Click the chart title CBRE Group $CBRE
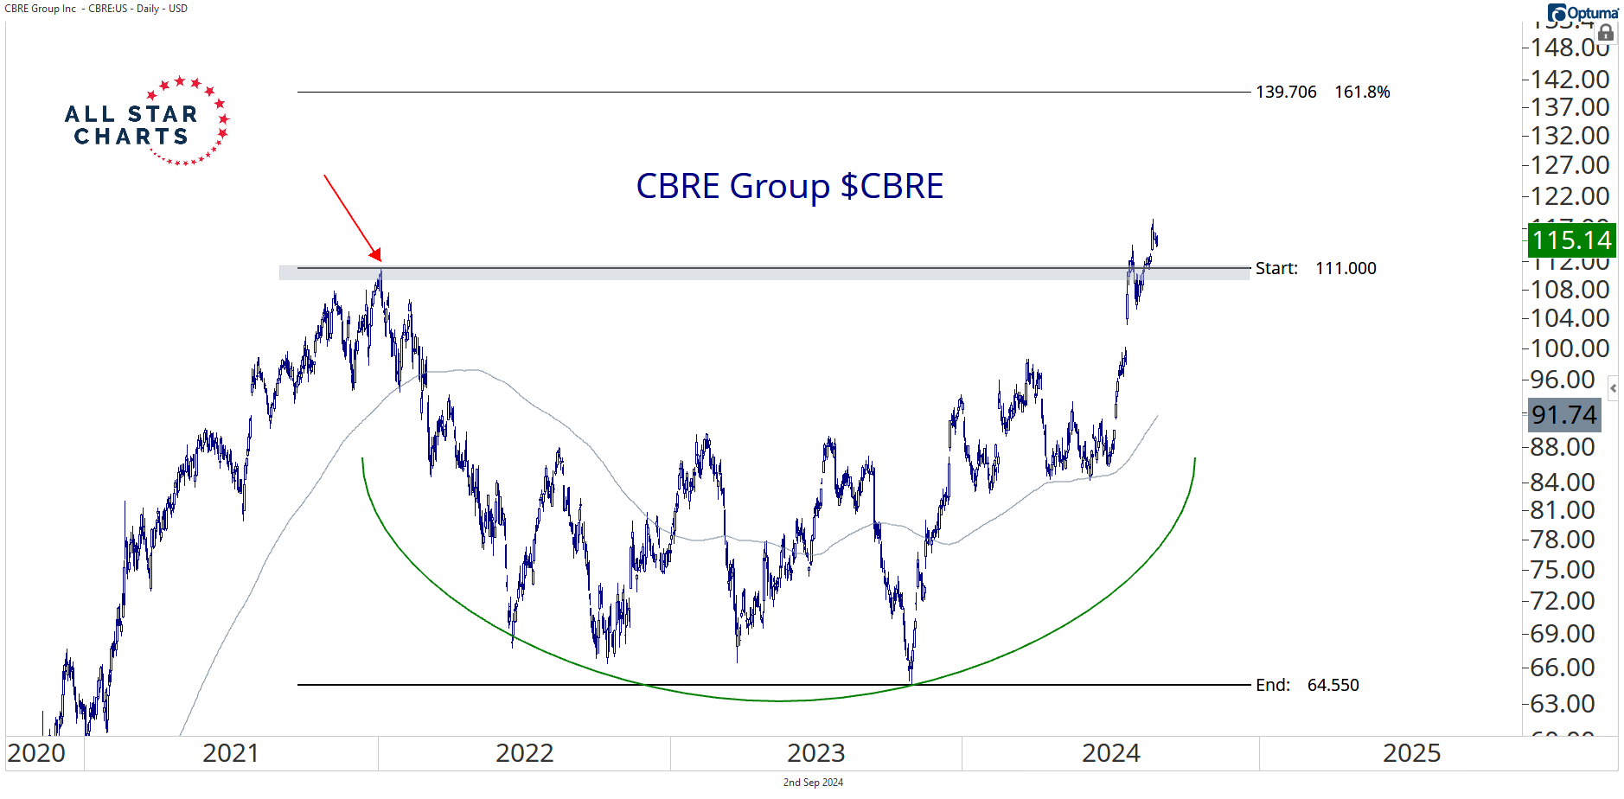click(790, 186)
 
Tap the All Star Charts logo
click(146, 122)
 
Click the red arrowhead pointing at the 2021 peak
click(376, 254)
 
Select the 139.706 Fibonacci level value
click(1286, 92)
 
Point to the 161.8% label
click(1362, 92)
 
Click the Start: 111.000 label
click(1315, 268)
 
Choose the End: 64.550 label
click(1307, 685)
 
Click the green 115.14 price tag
click(1571, 240)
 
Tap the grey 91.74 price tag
click(1563, 415)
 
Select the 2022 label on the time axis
click(524, 753)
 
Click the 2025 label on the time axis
click(1411, 753)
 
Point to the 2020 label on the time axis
click(36, 753)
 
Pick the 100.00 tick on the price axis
click(1570, 348)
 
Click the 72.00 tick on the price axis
click(1563, 600)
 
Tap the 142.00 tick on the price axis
click(1570, 79)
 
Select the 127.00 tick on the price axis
click(1570, 164)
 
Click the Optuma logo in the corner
click(1582, 12)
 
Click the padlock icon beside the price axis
click(1606, 34)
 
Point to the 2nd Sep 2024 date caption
click(813, 783)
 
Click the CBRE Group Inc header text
click(41, 9)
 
